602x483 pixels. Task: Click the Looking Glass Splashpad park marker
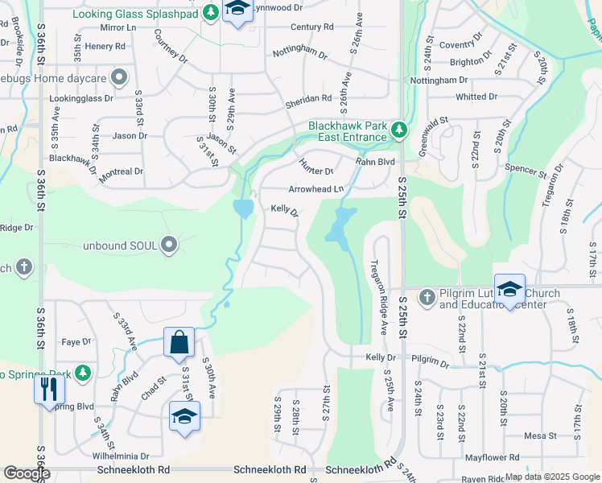(x=210, y=13)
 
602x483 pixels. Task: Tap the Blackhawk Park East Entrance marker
(x=398, y=130)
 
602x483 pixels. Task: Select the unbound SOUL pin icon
(x=169, y=244)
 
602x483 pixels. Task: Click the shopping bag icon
(x=179, y=341)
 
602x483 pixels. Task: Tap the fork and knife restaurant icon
(x=49, y=390)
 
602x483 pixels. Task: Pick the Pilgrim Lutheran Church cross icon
(x=427, y=297)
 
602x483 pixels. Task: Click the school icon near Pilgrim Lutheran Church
(x=509, y=290)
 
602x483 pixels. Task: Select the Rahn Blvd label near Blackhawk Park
(x=376, y=161)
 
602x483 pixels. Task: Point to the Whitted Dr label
(x=476, y=97)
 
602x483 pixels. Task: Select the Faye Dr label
(x=76, y=342)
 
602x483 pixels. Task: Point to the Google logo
(x=27, y=473)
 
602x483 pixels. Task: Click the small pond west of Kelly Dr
(x=243, y=209)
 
